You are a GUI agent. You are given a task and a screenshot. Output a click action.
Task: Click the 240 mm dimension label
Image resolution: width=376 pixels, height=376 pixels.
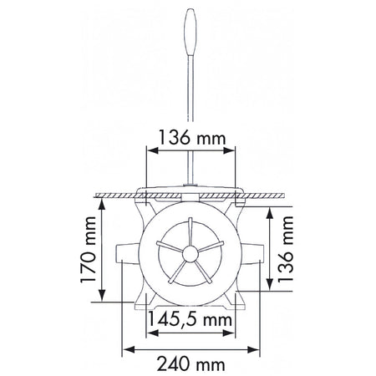pyautogui.click(x=191, y=364)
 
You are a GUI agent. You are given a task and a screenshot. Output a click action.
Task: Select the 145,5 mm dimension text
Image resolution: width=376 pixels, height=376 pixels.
pyautogui.click(x=190, y=319)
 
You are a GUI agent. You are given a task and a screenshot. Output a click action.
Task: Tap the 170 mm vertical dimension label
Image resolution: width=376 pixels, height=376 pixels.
pyautogui.click(x=89, y=250)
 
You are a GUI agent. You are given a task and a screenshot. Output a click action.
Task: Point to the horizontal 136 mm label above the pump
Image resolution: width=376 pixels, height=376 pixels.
pyautogui.click(x=191, y=138)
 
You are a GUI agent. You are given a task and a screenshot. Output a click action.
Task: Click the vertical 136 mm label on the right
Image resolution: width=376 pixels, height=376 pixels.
pyautogui.click(x=286, y=249)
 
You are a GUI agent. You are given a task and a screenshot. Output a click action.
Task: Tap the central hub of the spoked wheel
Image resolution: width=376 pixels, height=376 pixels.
pyautogui.click(x=191, y=254)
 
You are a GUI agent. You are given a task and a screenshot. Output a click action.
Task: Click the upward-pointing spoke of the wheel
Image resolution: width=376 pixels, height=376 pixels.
pyautogui.click(x=191, y=231)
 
